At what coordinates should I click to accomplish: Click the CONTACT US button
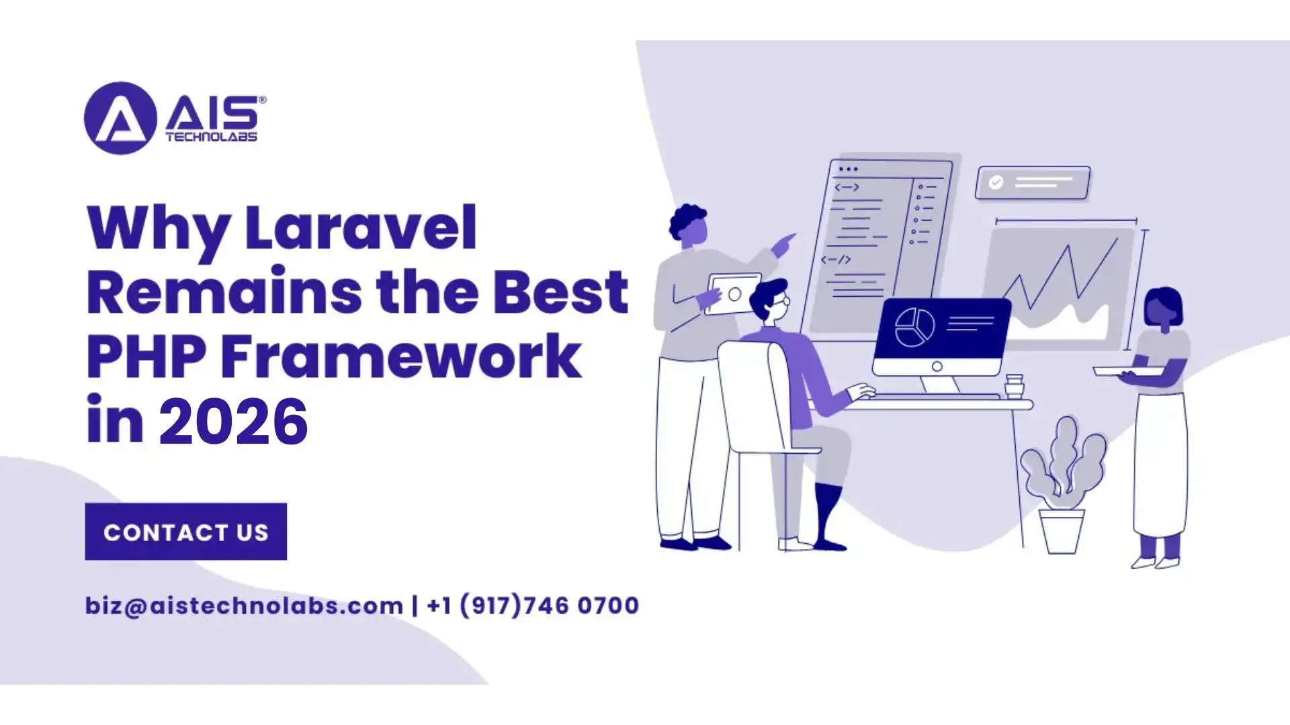click(185, 531)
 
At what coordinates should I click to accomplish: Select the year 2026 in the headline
click(233, 422)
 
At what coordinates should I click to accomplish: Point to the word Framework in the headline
click(401, 356)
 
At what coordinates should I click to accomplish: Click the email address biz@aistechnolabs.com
click(244, 606)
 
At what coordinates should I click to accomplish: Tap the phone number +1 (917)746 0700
click(533, 606)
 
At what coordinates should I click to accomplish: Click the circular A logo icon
click(120, 118)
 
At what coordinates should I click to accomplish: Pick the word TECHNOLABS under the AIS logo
click(211, 136)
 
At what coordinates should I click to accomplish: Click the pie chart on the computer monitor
click(914, 327)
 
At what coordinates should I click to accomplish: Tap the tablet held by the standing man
click(733, 294)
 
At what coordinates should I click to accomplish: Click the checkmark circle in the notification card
click(996, 182)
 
